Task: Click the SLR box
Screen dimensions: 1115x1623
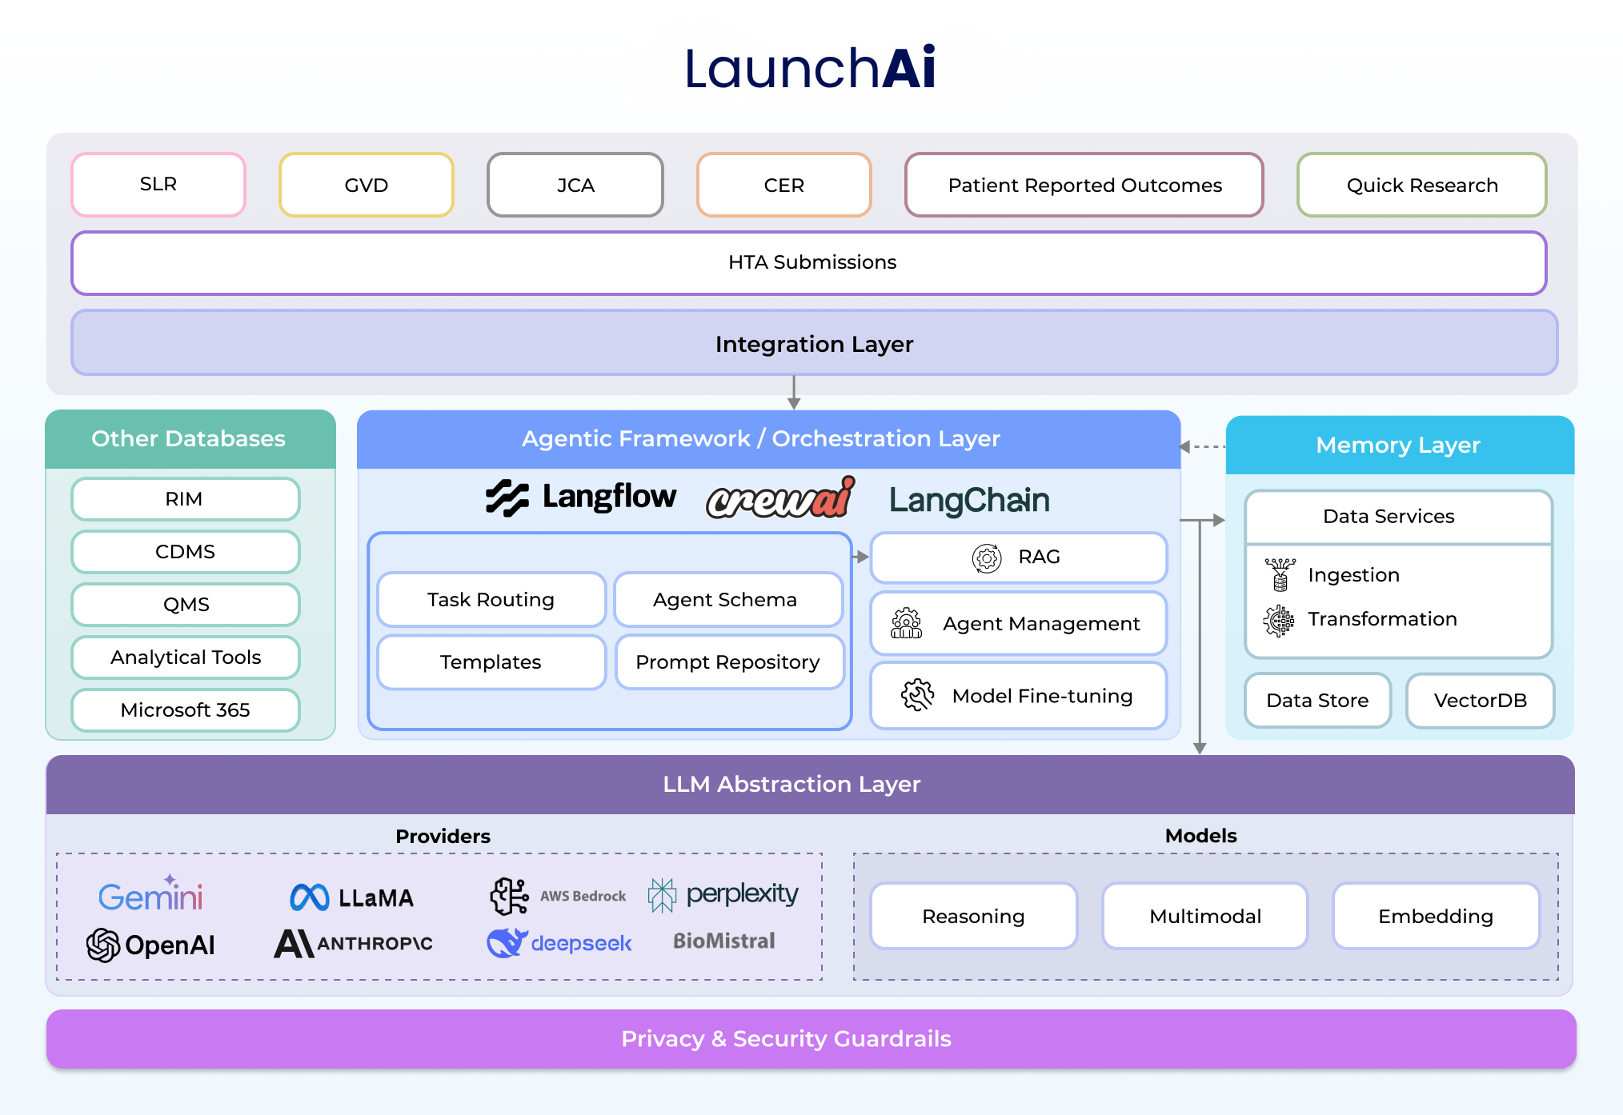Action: (x=158, y=185)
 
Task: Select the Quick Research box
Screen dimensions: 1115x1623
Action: (x=1421, y=185)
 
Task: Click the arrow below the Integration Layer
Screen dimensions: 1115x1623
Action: (x=794, y=393)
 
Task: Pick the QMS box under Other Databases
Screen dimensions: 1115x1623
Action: (x=186, y=605)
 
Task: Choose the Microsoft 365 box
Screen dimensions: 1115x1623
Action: (x=186, y=710)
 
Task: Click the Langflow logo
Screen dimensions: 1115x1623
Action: (x=581, y=498)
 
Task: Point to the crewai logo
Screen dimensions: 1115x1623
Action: (x=780, y=498)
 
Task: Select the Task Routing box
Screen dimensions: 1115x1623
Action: (x=491, y=600)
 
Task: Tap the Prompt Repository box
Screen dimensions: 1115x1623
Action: (x=728, y=662)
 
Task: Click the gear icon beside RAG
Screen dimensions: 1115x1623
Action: (x=987, y=557)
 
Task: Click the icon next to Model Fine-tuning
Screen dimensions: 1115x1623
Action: (x=917, y=695)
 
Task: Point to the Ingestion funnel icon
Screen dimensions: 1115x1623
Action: (x=1280, y=574)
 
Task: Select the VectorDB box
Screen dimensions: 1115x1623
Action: (x=1480, y=701)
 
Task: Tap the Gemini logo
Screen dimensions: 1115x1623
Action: (x=150, y=895)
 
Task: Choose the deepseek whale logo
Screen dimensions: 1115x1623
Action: (x=507, y=943)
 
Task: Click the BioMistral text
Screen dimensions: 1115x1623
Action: (x=723, y=941)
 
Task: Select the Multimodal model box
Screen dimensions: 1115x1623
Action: (x=1204, y=917)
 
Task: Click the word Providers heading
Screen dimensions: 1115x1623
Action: (x=443, y=837)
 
